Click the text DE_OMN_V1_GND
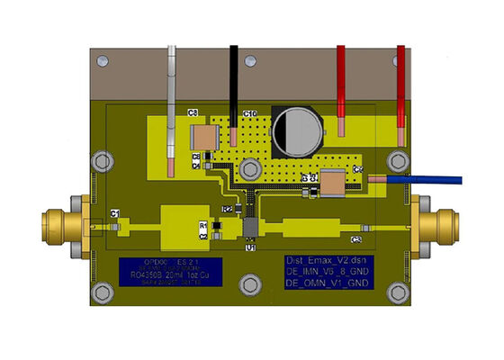click(326, 283)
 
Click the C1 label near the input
click(115, 212)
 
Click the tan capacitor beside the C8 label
click(205, 137)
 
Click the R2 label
click(228, 209)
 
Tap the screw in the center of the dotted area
click(248, 171)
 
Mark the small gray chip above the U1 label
click(251, 223)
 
